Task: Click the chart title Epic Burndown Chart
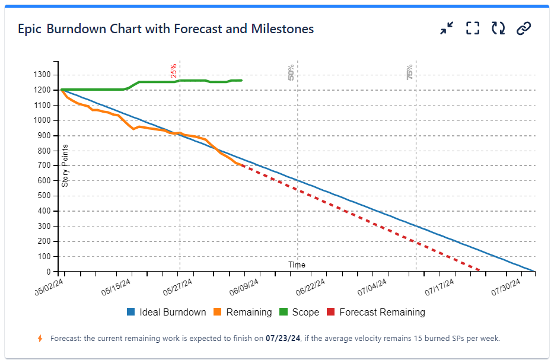165,28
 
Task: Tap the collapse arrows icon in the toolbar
447,28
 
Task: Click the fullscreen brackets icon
472,28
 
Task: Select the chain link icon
523,28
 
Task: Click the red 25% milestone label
173,71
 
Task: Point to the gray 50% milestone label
291,72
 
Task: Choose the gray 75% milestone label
410,72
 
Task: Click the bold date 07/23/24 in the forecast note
284,339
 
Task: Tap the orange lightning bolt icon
40,339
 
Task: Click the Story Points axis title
65,165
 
